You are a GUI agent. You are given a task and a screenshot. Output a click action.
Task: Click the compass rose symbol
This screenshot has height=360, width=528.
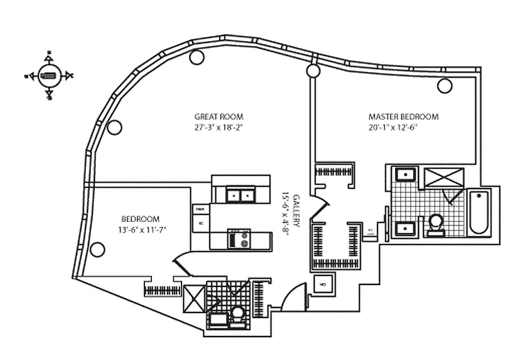tap(49, 76)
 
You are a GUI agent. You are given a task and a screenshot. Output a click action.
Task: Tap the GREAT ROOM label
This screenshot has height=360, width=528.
tap(219, 117)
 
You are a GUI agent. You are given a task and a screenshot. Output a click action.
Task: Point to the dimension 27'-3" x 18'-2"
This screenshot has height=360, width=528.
tap(219, 127)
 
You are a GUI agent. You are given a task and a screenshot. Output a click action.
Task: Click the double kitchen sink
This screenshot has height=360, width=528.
tap(240, 195)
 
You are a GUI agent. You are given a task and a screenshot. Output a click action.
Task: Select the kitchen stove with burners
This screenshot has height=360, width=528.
tap(240, 240)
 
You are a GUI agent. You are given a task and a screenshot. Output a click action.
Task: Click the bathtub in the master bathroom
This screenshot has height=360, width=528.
tap(479, 214)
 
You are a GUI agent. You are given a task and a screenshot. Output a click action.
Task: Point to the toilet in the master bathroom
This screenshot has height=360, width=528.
tap(436, 224)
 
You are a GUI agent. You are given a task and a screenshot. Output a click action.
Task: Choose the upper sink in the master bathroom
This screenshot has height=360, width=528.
tap(406, 175)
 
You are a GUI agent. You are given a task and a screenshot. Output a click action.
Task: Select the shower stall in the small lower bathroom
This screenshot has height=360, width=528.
tap(194, 299)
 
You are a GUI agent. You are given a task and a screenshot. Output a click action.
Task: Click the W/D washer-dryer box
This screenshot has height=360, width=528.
tap(321, 282)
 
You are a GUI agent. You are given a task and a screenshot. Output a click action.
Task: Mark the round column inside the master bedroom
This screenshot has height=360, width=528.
tap(444, 86)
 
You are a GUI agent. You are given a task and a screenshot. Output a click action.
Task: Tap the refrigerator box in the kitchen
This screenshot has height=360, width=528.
tap(201, 223)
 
